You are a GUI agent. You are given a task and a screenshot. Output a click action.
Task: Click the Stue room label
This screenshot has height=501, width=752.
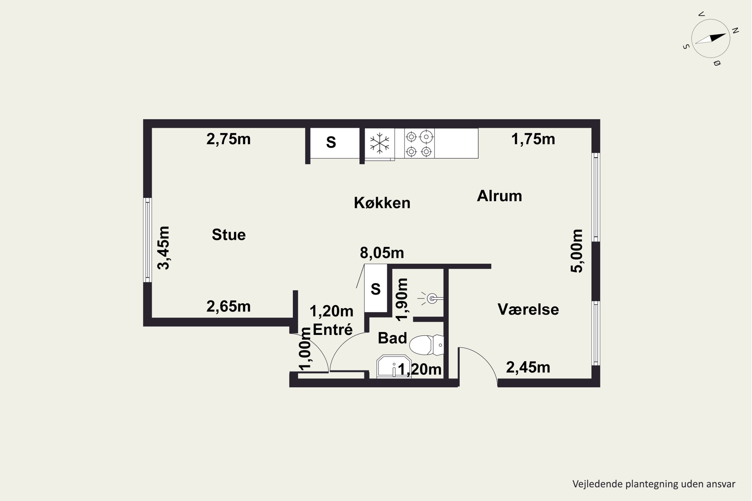pos(229,235)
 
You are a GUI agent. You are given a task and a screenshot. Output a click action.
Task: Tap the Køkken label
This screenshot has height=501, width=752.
pos(382,203)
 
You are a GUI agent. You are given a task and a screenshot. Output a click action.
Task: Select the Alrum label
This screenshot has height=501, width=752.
pos(499,196)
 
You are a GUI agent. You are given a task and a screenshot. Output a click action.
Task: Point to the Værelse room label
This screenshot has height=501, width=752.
pos(528,309)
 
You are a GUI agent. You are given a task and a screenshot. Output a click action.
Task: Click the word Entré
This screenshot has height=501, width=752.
pos(333,329)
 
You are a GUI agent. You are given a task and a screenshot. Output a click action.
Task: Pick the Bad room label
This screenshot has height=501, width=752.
pos(392,338)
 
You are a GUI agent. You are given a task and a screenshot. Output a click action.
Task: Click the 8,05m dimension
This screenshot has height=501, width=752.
pos(382,253)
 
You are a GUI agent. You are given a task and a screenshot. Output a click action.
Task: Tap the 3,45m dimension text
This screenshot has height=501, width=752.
pos(164,248)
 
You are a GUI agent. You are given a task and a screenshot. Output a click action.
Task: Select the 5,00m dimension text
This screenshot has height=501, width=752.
pos(577,251)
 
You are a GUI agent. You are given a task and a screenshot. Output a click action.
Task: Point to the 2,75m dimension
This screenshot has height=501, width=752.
pos(228,139)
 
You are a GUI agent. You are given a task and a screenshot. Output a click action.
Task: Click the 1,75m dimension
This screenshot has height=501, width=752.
pos(533,139)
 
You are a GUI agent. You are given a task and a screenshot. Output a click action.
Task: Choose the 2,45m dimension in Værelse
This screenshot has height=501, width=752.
pos(528,367)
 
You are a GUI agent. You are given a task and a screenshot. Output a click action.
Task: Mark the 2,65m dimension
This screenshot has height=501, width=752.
pos(228,306)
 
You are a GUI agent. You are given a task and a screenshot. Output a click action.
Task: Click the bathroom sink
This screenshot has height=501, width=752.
pos(394,366)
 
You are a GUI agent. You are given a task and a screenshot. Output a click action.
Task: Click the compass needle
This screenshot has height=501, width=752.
pos(710,38)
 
